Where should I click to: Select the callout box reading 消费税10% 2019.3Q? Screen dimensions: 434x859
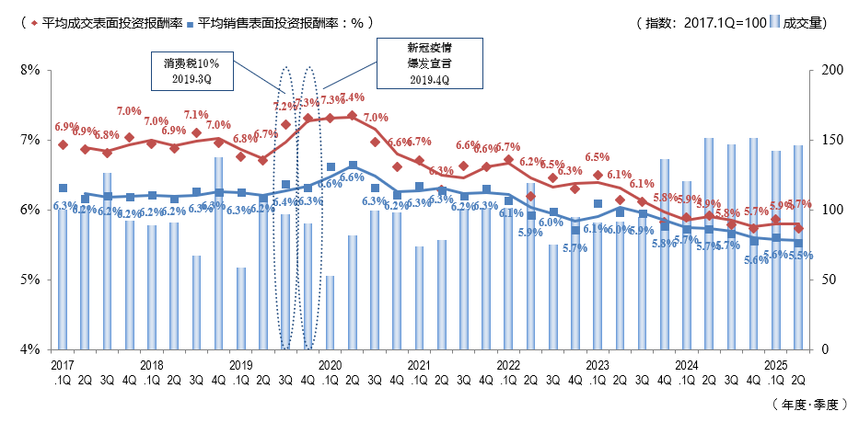tap(192, 71)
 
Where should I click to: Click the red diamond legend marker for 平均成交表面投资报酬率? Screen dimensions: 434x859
tap(35, 23)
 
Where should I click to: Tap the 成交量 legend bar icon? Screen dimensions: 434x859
tap(772, 23)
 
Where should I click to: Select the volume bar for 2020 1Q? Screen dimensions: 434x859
tap(330, 313)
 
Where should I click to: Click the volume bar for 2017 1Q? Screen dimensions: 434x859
tap(63, 280)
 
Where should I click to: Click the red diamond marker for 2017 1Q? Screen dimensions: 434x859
tap(63, 144)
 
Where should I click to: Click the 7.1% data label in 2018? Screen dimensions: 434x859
tap(196, 116)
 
